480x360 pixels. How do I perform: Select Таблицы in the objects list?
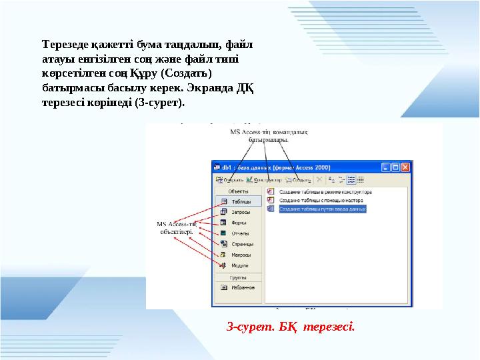coord(239,201)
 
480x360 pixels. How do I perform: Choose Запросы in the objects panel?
coord(240,212)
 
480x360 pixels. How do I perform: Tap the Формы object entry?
coord(238,223)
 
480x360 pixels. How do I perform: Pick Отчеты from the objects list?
coord(239,233)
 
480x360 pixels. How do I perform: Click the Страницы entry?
coord(241,244)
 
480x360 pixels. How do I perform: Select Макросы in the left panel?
coord(240,255)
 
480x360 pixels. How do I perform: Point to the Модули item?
coord(239,265)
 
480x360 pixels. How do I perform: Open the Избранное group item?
coord(242,288)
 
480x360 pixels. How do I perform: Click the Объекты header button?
coord(238,191)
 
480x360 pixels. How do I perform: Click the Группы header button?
coord(238,277)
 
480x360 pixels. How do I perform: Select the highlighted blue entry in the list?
coord(323,209)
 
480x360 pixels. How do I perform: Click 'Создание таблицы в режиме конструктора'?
coord(325,191)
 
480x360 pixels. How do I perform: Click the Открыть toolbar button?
coord(229,179)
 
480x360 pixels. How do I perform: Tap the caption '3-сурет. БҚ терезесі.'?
coord(291,327)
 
